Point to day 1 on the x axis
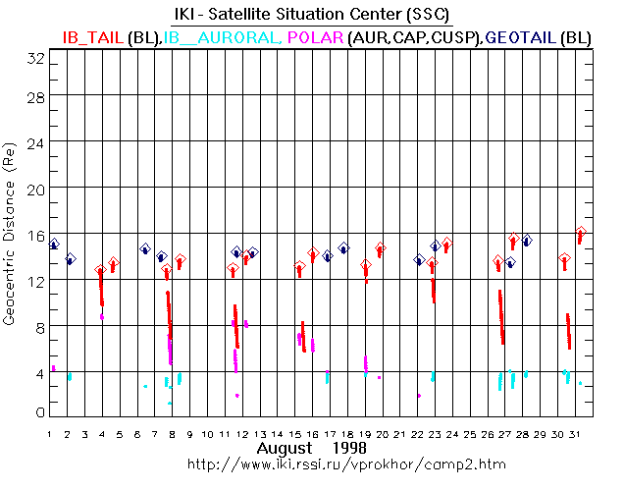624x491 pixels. tap(50, 433)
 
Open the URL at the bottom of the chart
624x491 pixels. tap(318, 463)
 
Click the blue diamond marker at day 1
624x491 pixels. tap(54, 245)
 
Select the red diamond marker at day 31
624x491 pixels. tap(581, 233)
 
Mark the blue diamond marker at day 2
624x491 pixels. tap(70, 259)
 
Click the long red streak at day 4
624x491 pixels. tap(101, 288)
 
